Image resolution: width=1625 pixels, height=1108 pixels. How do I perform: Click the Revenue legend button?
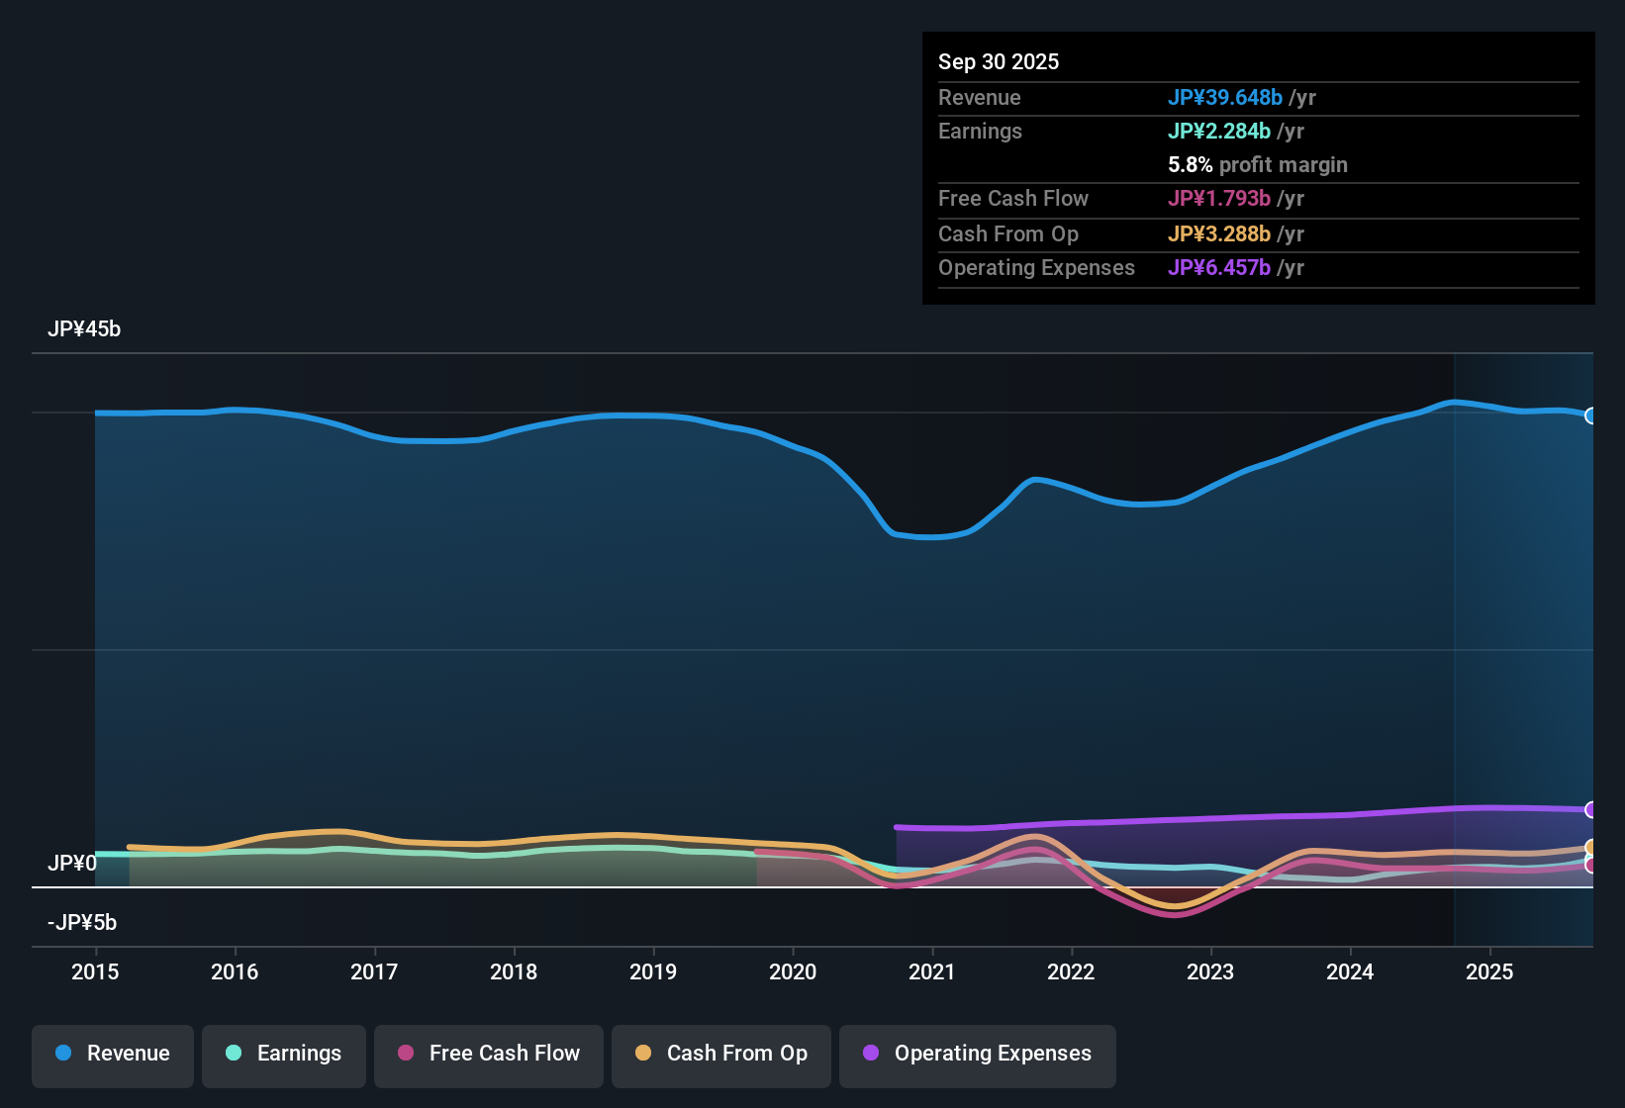pyautogui.click(x=113, y=1054)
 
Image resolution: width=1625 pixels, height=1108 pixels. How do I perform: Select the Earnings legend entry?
pyautogui.click(x=284, y=1054)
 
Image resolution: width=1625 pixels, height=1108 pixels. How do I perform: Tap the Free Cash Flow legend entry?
pyautogui.click(x=489, y=1054)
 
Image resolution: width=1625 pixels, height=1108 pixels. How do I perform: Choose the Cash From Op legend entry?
pyautogui.click(x=721, y=1054)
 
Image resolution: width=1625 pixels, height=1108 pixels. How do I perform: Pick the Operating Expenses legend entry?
pyautogui.click(x=978, y=1054)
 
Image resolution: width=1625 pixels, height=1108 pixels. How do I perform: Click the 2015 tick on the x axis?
pyautogui.click(x=95, y=971)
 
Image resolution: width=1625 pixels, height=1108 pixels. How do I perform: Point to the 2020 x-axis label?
pyautogui.click(x=793, y=971)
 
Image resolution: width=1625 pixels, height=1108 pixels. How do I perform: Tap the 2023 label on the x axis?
pyautogui.click(x=1210, y=971)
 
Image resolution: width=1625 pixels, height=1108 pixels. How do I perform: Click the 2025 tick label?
pyautogui.click(x=1489, y=971)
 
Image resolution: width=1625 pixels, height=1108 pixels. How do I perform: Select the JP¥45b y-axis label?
pyautogui.click(x=84, y=329)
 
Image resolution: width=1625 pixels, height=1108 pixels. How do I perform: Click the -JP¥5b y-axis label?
pyautogui.click(x=82, y=923)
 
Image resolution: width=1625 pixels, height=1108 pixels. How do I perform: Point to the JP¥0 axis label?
pyautogui.click(x=72, y=864)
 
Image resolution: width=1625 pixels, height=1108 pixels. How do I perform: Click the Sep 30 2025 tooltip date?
pyautogui.click(x=999, y=62)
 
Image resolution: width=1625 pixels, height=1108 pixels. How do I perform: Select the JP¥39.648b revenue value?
pyautogui.click(x=1225, y=98)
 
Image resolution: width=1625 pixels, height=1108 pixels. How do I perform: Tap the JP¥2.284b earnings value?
pyautogui.click(x=1219, y=132)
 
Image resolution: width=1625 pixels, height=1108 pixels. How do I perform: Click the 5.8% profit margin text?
pyautogui.click(x=1258, y=165)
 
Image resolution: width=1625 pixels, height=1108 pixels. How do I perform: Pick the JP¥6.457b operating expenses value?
pyautogui.click(x=1219, y=268)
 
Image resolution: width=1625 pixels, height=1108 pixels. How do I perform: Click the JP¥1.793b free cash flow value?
pyautogui.click(x=1219, y=199)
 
